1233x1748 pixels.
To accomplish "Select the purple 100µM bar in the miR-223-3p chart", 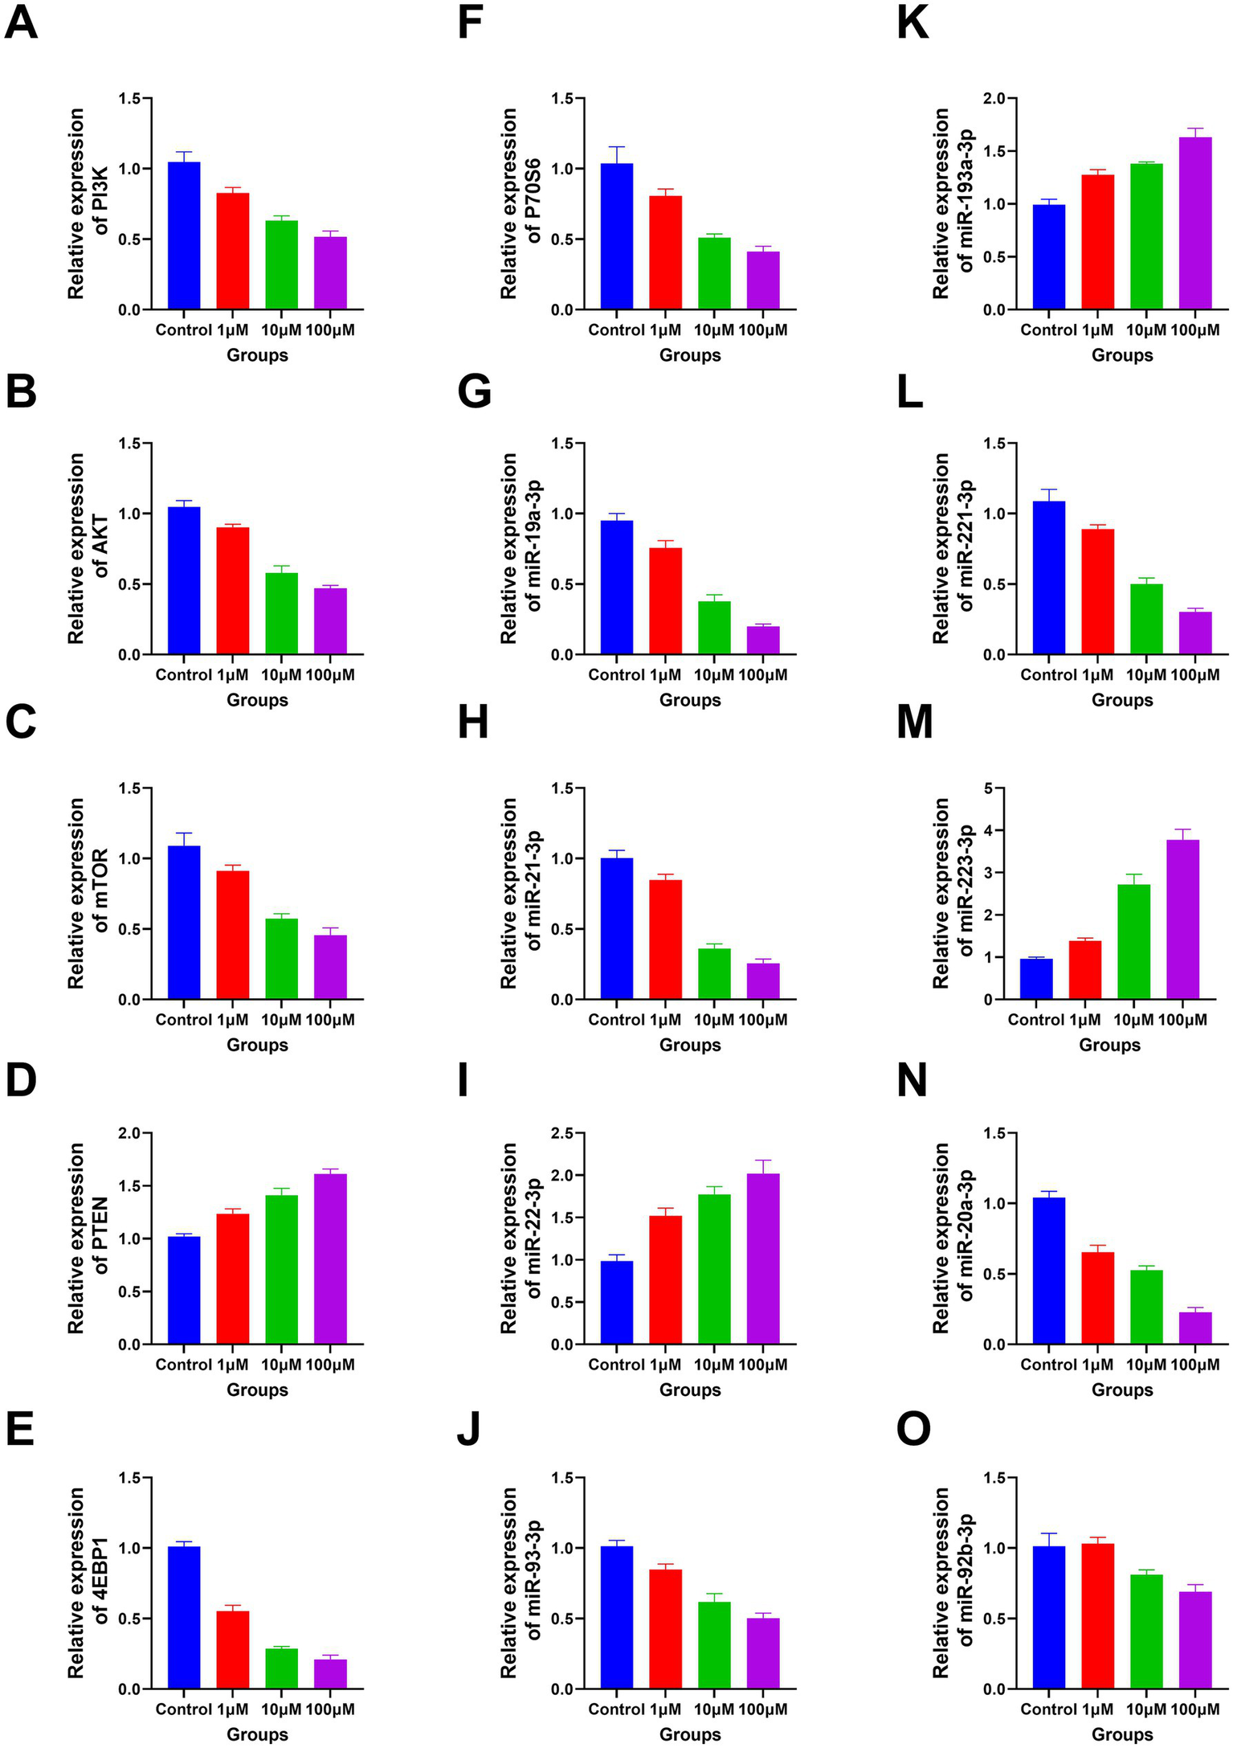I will [x=1182, y=919].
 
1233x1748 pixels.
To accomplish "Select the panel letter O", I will [x=913, y=1428].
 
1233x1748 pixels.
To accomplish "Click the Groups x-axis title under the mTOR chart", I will [x=257, y=1045].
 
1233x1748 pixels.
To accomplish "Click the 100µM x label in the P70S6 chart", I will [x=763, y=330].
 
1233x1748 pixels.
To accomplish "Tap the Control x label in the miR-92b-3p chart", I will [x=1048, y=1709].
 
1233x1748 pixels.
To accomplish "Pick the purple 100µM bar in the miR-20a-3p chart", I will [x=1195, y=1328].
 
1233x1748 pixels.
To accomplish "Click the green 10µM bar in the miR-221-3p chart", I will [x=1146, y=619].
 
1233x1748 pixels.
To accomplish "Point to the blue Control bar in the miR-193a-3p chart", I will [x=1049, y=257].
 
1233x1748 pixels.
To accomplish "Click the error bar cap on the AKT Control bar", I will [x=184, y=501].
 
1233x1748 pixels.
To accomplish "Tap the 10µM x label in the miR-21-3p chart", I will [x=714, y=1020].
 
